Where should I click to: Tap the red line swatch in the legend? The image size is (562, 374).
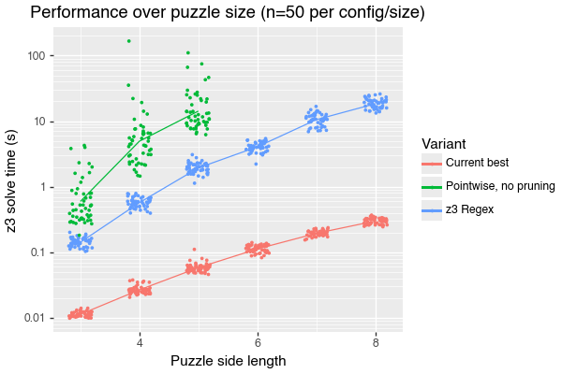tap(431, 165)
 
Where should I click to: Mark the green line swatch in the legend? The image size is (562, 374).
tap(431, 185)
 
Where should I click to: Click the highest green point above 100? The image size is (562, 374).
tap(128, 41)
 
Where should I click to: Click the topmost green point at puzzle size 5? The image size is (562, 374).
tap(188, 52)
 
